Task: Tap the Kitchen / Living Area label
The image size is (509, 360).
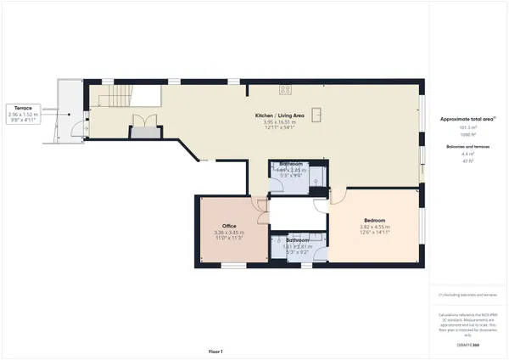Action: [x=283, y=115]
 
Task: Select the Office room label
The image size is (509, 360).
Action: [x=228, y=226]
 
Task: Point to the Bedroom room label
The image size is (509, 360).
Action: [x=374, y=220]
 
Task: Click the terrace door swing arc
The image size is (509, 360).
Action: [x=79, y=129]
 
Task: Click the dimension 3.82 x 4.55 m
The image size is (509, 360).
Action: [x=374, y=227]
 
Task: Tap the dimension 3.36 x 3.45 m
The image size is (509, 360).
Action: [x=228, y=233]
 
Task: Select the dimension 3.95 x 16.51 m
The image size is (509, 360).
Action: [x=283, y=122]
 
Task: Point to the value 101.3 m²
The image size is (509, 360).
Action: [x=466, y=128]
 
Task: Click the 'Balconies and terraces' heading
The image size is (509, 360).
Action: [x=466, y=147]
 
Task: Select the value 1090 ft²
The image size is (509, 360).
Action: [x=466, y=136]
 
